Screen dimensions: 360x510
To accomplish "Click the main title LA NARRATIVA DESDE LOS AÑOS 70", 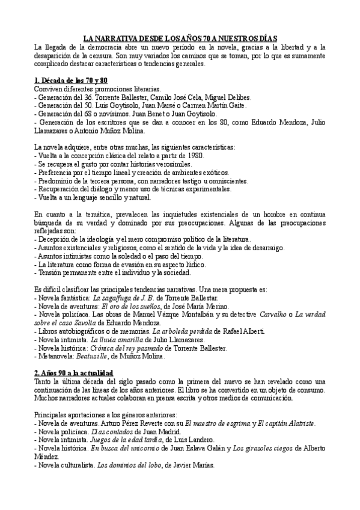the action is point(180,36).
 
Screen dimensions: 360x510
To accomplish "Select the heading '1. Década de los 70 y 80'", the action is point(71,80).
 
